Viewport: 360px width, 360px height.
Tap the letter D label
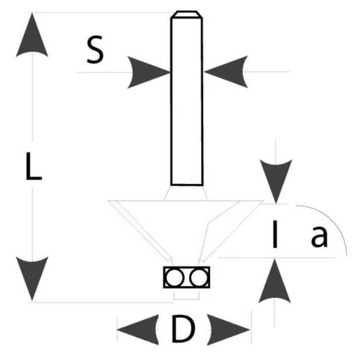(183, 329)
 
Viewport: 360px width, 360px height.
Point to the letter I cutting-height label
(273, 235)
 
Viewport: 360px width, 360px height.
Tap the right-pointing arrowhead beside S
(149, 72)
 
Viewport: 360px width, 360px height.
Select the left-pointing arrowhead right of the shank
(225, 72)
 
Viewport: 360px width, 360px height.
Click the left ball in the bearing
(174, 277)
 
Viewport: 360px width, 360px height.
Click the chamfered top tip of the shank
(186, 15)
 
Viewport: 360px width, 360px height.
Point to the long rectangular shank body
(186, 99)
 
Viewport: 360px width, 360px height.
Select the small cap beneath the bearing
(186, 295)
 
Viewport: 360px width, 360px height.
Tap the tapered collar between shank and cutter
(186, 193)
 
